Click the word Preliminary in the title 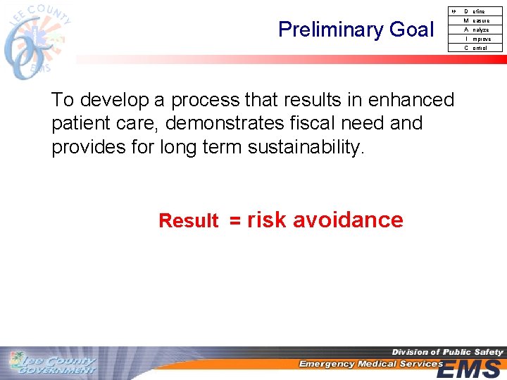326,30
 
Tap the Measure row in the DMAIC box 476,20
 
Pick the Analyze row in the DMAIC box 476,30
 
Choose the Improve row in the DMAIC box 476,39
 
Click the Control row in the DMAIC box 476,48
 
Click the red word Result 188,221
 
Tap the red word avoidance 347,220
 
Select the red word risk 266,220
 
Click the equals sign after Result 234,221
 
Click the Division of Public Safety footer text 447,352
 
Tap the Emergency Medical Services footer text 370,364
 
